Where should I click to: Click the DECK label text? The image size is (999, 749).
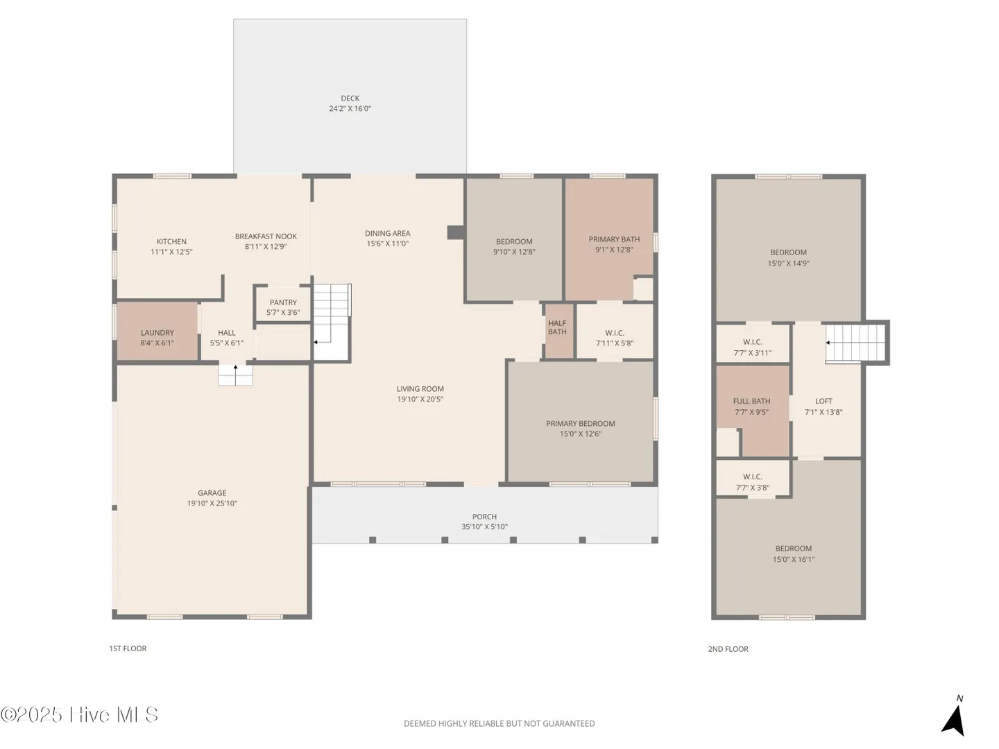[350, 98]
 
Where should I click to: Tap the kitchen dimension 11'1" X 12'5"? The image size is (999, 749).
[171, 252]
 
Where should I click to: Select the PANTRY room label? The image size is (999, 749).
[282, 302]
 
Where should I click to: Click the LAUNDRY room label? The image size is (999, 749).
[157, 333]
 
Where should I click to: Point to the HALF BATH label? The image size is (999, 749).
[557, 327]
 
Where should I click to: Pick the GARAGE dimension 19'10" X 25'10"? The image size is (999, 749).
[212, 503]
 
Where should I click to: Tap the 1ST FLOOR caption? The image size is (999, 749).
[128, 648]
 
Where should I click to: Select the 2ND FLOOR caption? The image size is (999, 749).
[728, 649]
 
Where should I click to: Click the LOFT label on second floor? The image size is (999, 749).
[823, 401]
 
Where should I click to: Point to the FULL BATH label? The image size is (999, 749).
[751, 401]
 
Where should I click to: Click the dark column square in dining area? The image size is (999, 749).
[456, 232]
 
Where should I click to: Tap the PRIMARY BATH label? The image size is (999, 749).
[614, 239]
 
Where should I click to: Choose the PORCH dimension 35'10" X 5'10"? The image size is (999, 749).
[484, 526]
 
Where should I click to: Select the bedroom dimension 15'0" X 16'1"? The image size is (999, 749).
[793, 560]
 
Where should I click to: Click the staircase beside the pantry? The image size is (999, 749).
[332, 322]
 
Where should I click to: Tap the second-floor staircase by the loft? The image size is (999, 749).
[855, 343]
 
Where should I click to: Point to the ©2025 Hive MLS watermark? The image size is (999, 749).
[79, 714]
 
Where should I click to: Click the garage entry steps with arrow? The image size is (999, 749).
[235, 375]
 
